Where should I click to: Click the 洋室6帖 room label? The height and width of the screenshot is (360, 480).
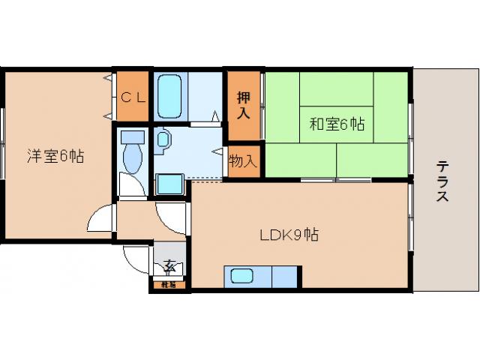click(x=55, y=157)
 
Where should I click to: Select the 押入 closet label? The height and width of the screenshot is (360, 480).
click(x=243, y=105)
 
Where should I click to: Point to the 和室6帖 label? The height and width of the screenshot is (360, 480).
click(x=337, y=124)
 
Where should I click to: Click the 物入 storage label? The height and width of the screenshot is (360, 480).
click(x=243, y=160)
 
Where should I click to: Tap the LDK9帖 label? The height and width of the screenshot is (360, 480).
click(x=289, y=235)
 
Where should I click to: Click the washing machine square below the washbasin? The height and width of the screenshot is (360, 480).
click(x=169, y=184)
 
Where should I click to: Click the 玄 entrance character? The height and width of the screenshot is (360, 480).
click(x=171, y=265)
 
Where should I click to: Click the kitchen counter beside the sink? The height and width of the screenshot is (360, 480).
click(x=281, y=276)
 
